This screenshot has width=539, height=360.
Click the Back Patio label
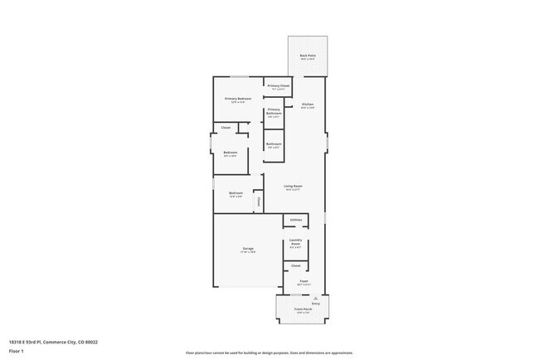tap(308, 56)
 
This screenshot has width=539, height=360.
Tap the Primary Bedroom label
tap(238, 99)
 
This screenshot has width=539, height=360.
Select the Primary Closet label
tap(279, 86)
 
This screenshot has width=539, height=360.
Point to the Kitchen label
tap(308, 105)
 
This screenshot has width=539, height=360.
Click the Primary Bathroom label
tap(274, 111)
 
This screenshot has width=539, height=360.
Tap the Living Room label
tap(293, 186)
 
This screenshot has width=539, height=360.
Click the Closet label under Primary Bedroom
tap(226, 128)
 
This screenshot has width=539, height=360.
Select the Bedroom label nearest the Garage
tap(236, 193)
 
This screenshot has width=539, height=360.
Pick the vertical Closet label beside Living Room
tap(258, 202)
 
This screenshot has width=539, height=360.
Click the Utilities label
tap(295, 220)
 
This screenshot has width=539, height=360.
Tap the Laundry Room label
tap(295, 244)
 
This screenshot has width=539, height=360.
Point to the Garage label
tap(248, 249)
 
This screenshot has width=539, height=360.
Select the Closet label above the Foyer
tap(295, 265)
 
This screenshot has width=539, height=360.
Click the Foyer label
tap(303, 281)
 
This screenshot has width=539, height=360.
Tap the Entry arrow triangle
tap(316, 297)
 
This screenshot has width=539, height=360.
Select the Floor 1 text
tap(17, 351)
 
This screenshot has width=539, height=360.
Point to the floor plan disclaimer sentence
tap(269, 353)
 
